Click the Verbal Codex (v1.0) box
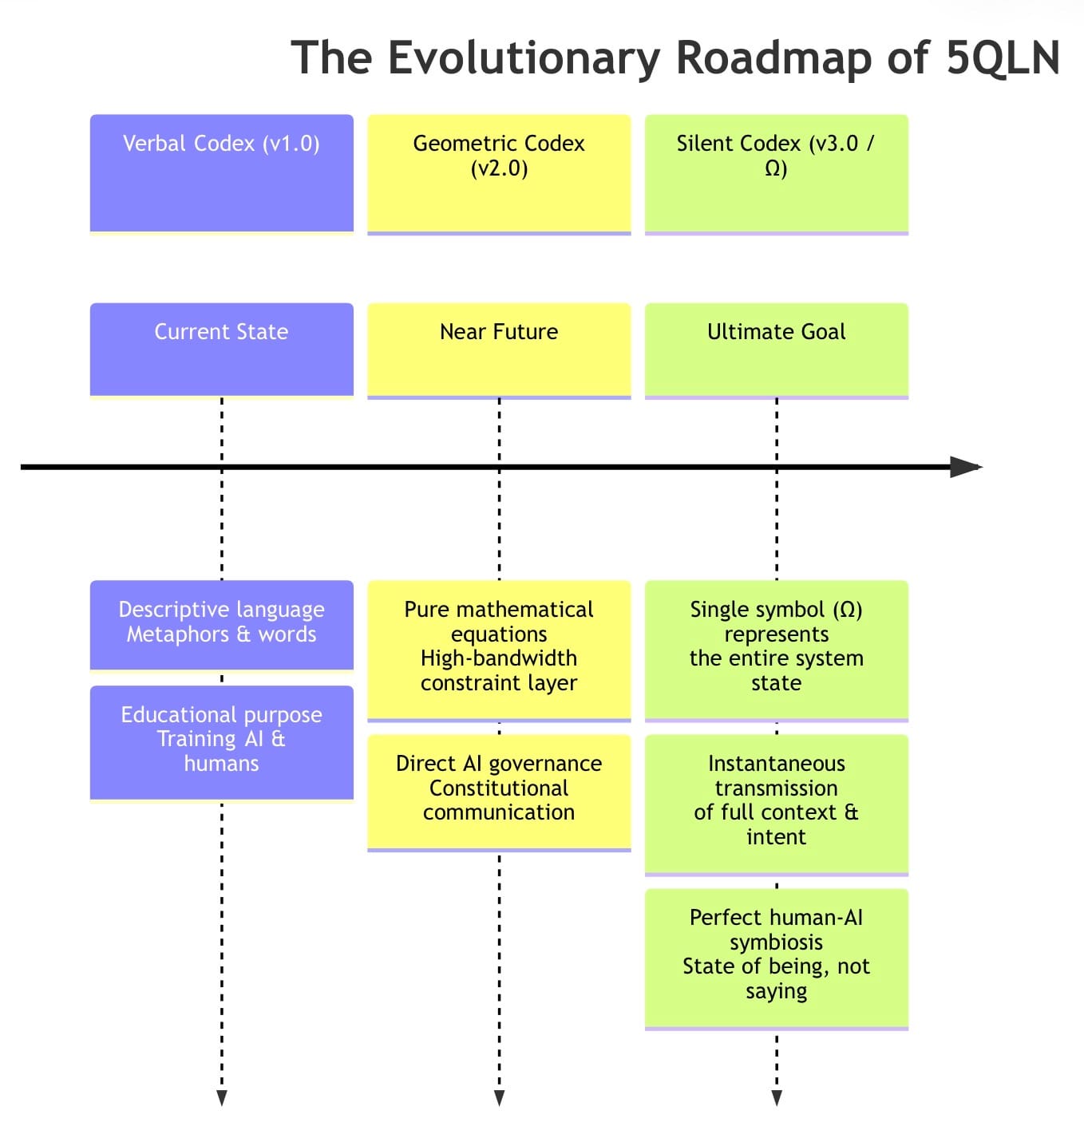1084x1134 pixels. [x=221, y=173]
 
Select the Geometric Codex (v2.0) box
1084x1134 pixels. [x=499, y=173]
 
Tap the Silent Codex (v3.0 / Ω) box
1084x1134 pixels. [x=776, y=173]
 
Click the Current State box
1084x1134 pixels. [x=221, y=349]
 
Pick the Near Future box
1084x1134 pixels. [x=499, y=349]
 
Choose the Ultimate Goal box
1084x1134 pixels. [x=776, y=349]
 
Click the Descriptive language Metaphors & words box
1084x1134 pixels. [x=221, y=624]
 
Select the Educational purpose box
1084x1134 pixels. [x=221, y=741]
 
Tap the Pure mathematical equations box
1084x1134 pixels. [x=499, y=649]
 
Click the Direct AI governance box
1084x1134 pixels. [x=499, y=791]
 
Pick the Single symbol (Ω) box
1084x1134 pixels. [x=776, y=649]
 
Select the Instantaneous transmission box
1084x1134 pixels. [x=776, y=803]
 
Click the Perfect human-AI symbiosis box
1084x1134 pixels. [x=776, y=957]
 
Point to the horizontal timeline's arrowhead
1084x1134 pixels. [x=966, y=467]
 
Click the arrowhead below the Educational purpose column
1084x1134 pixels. [x=222, y=1098]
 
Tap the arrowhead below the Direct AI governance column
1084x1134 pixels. [x=499, y=1098]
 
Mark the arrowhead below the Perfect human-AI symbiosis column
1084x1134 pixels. [x=777, y=1098]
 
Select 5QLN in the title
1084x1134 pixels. [x=1003, y=58]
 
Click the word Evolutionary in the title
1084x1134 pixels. [x=524, y=58]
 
